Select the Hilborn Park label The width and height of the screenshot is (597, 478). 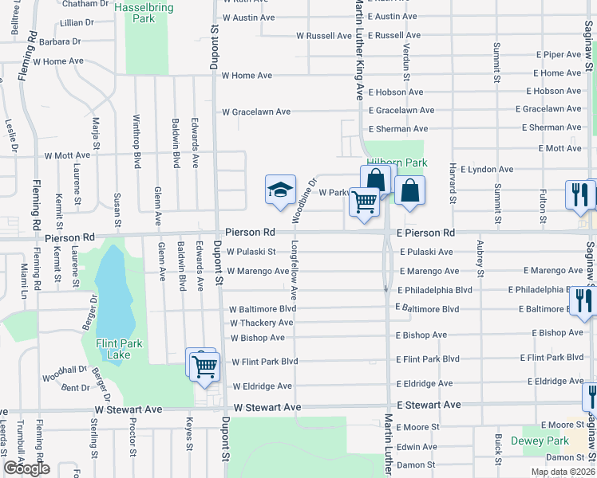397,163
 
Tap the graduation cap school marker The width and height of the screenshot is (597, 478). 280,191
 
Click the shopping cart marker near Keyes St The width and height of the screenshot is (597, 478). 204,366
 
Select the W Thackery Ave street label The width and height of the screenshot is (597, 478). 262,323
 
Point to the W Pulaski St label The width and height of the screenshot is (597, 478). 251,252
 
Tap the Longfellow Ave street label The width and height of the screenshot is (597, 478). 295,272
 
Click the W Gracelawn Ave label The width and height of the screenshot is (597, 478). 255,112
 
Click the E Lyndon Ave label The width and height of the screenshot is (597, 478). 481,170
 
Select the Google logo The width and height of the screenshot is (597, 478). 26,468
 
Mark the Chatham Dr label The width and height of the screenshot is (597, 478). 87,4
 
